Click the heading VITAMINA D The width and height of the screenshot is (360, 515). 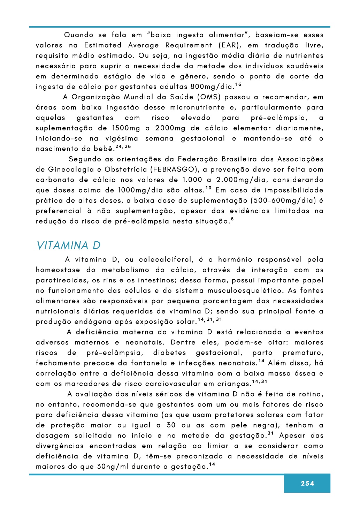point(68,245)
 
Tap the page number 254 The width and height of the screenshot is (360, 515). point(307,483)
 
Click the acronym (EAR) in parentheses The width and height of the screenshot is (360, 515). point(230,45)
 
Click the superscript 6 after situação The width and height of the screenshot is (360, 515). point(232,219)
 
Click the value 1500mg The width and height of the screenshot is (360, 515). point(126,128)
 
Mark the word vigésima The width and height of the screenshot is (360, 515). point(122,139)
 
